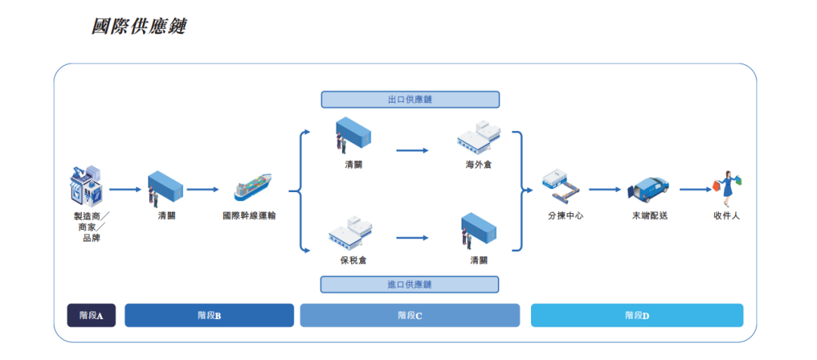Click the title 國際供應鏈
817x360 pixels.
pyautogui.click(x=138, y=26)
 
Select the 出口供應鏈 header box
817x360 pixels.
pyautogui.click(x=410, y=99)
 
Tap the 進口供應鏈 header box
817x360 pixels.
pyautogui.click(x=410, y=284)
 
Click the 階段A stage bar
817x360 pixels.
pyautogui.click(x=91, y=315)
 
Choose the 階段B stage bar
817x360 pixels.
pyautogui.click(x=209, y=315)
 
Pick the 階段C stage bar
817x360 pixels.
pyautogui.click(x=410, y=315)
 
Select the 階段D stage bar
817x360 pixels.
pyautogui.click(x=637, y=315)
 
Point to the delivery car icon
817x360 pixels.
pyautogui.click(x=650, y=191)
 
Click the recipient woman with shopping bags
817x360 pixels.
pyautogui.click(x=728, y=188)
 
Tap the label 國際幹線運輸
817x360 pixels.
pyautogui.click(x=249, y=216)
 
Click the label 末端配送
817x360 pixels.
pyautogui.click(x=650, y=216)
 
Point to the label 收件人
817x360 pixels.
pyautogui.click(x=727, y=216)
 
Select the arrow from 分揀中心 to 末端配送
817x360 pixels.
pyautogui.click(x=605, y=189)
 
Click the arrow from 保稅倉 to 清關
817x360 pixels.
pyautogui.click(x=412, y=237)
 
